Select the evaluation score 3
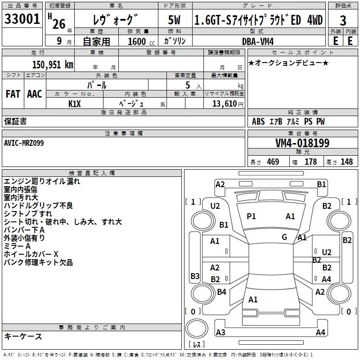[343, 20]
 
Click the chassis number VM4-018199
[302, 143]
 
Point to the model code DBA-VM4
[261, 41]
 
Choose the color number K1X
[74, 103]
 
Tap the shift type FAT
[13, 94]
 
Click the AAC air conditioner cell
[35, 94]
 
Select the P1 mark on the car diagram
[251, 216]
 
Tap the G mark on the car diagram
[284, 237]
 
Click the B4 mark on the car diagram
[221, 292]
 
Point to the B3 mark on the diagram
[194, 276]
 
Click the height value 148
[346, 162]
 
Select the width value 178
[310, 162]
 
